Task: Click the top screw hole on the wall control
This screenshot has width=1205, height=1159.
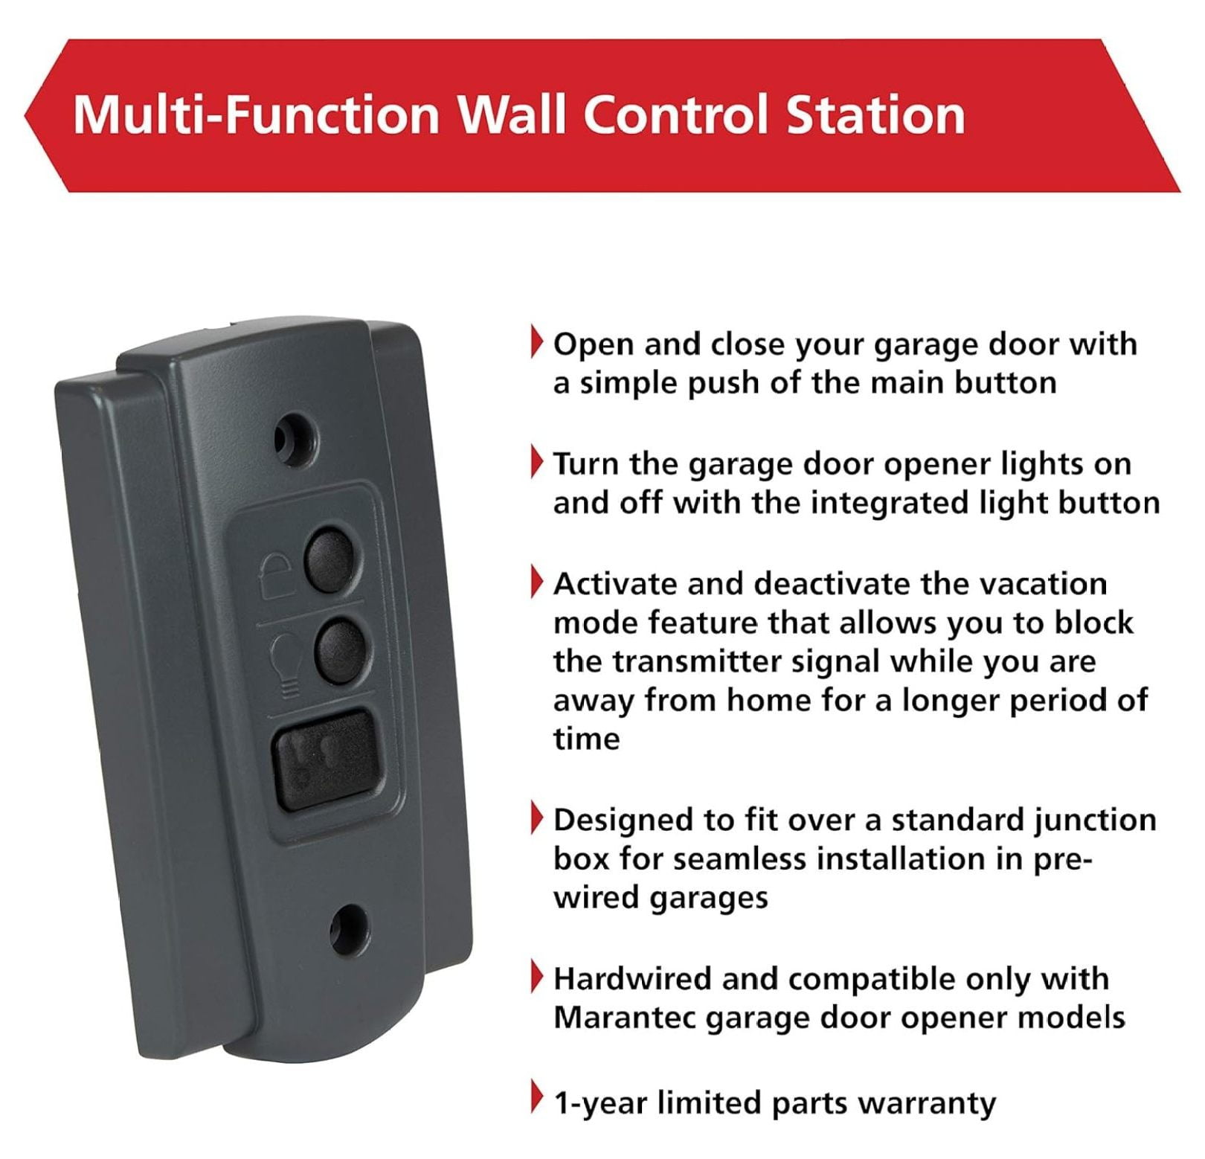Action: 296,440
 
